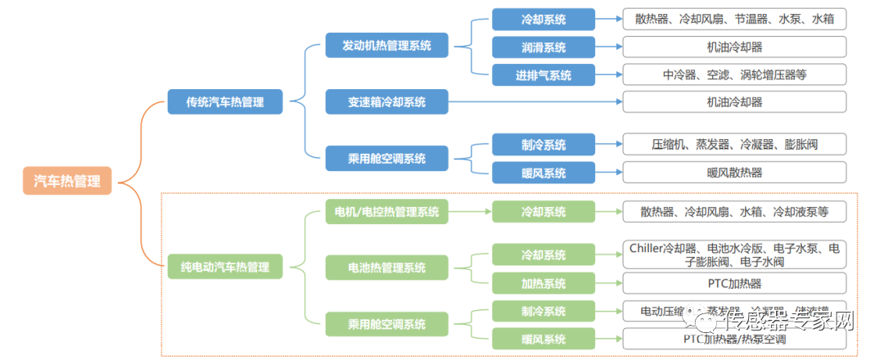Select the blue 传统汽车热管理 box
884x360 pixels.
click(x=226, y=102)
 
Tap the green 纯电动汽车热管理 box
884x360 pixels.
click(x=225, y=267)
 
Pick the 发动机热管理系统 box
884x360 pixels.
click(x=386, y=45)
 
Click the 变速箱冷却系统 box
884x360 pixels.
click(x=386, y=102)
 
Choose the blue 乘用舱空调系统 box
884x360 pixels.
click(x=386, y=159)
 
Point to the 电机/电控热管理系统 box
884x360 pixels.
click(x=386, y=212)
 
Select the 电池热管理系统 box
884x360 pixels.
click(x=386, y=268)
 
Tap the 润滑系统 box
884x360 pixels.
click(x=543, y=47)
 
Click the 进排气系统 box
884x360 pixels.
click(x=543, y=75)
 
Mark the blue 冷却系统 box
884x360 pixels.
click(x=543, y=19)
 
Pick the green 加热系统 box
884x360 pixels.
click(x=543, y=283)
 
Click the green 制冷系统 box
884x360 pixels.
click(x=543, y=311)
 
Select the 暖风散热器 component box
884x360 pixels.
click(x=734, y=173)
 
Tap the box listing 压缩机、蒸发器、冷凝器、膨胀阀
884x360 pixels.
click(x=734, y=145)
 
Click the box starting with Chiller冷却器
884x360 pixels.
click(x=734, y=254)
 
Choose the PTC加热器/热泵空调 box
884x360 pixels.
click(x=734, y=339)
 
